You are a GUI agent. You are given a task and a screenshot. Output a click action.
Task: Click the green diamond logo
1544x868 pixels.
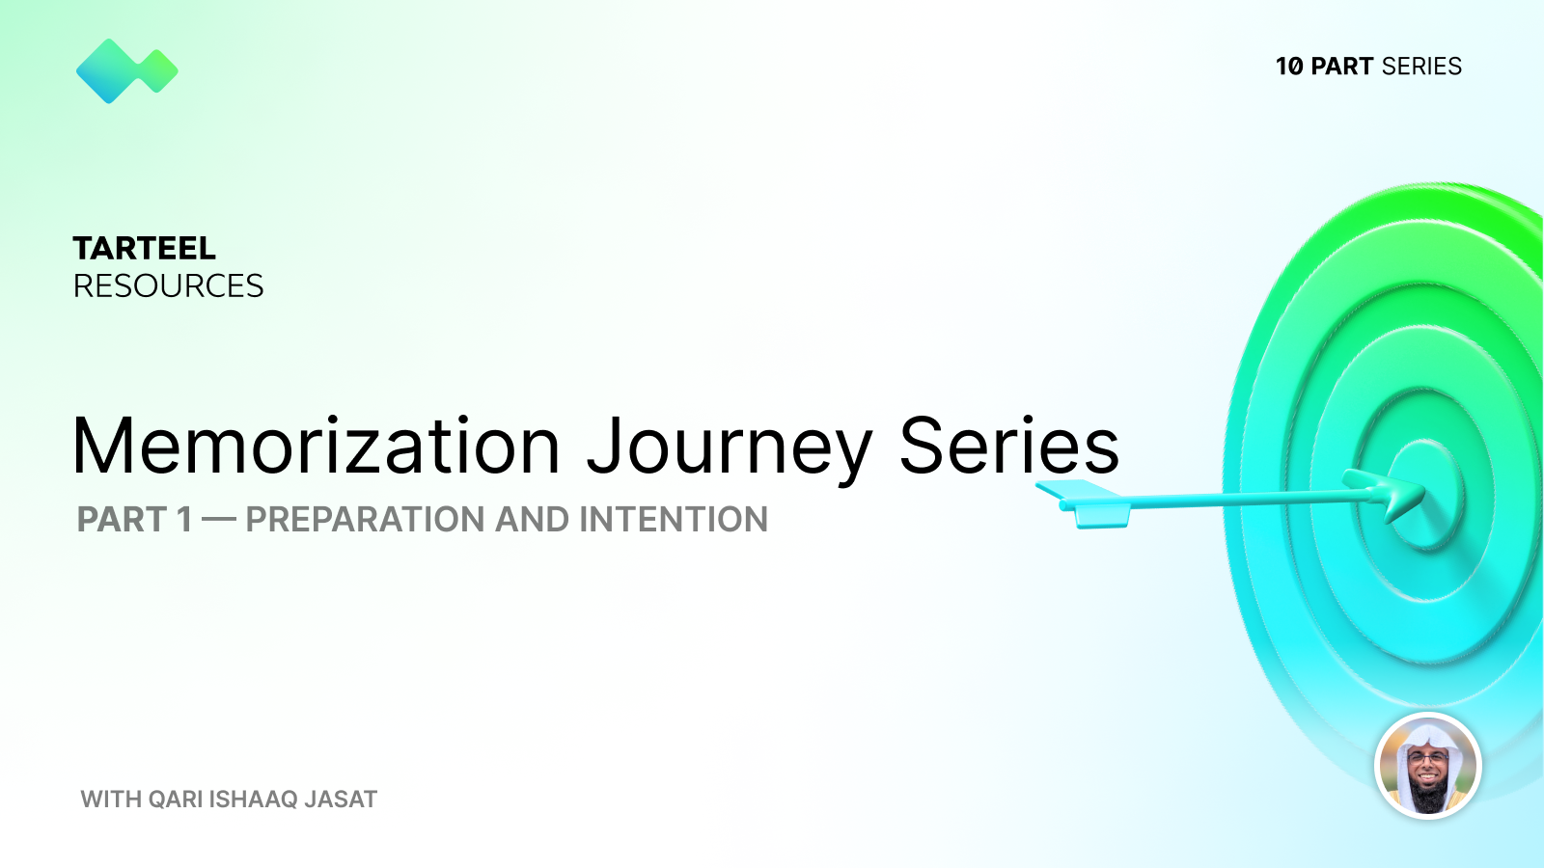126,70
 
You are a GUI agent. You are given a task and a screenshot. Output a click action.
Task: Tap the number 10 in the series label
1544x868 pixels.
1289,67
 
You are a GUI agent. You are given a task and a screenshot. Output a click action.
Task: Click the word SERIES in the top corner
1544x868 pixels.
1421,67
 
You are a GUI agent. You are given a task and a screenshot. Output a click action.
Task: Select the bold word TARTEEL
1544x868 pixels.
145,249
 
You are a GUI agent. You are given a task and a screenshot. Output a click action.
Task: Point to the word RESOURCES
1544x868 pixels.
169,286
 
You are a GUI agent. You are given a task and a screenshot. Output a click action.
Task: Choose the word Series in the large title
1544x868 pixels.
1008,447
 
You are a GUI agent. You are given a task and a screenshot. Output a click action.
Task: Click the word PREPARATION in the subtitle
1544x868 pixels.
366,520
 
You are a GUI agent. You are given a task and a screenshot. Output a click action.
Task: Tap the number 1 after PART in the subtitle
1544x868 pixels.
183,520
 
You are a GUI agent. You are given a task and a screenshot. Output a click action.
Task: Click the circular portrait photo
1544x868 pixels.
1427,767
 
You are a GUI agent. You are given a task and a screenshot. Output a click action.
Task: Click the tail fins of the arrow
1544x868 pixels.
1086,502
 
